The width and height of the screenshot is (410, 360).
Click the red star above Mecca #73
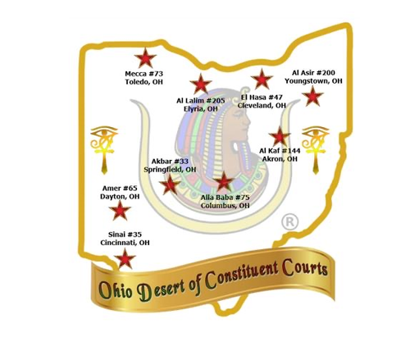[145, 58]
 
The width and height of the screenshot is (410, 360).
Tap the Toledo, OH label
[143, 82]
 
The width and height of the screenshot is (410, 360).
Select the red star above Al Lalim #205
[201, 84]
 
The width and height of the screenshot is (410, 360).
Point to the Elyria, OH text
[201, 109]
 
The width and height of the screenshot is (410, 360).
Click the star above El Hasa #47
[262, 79]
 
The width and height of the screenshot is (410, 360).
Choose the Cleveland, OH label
[262, 105]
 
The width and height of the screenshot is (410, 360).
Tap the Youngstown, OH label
[313, 81]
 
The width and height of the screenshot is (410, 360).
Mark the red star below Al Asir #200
[312, 96]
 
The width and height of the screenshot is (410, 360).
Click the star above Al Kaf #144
[280, 136]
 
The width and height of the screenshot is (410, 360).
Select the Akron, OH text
[280, 159]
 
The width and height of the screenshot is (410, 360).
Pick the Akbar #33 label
[170, 162]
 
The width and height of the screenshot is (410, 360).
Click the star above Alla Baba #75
[224, 181]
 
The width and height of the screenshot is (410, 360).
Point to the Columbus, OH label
[225, 205]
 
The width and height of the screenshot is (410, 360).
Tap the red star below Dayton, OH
[120, 210]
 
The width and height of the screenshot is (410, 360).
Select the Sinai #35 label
[125, 235]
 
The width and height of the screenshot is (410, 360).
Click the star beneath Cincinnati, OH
[125, 258]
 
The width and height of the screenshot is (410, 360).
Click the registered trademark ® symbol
[289, 221]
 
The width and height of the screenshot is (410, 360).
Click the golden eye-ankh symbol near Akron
[316, 149]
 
